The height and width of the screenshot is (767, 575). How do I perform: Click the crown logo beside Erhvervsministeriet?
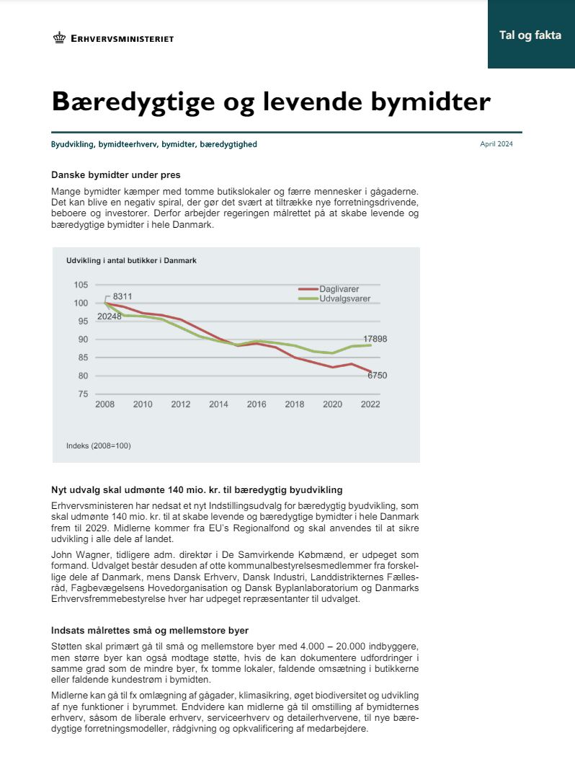pos(59,38)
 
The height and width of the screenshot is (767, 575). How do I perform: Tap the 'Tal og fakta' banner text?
pos(530,35)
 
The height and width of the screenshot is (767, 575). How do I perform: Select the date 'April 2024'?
pos(496,144)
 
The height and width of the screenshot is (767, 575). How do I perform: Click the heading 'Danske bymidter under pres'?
pos(115,174)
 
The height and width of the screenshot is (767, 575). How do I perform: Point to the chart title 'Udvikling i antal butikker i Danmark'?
pos(131,260)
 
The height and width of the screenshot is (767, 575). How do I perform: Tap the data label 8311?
pos(122,296)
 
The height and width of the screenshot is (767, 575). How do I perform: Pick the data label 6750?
pos(383,376)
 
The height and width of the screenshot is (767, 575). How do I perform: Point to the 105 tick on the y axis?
pos(81,285)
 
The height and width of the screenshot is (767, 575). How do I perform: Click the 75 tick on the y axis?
pos(83,394)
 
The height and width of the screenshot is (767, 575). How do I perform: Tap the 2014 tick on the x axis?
pos(218,404)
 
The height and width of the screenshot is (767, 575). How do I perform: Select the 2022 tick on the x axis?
pos(370,404)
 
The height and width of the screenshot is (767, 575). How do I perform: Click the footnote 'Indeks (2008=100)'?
pos(99,445)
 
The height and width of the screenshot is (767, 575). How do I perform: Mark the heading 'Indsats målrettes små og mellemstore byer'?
pos(150,630)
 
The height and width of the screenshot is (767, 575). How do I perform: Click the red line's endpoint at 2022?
pos(370,371)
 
